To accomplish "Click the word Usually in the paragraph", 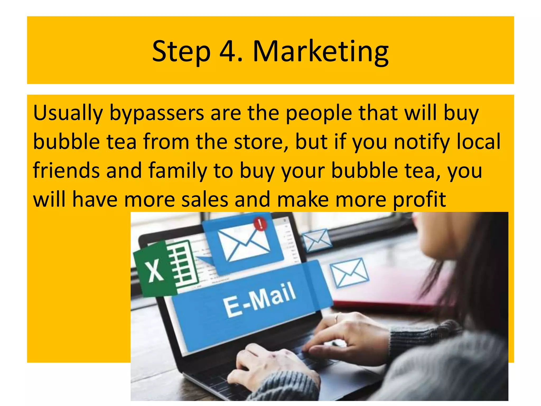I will click(68, 113).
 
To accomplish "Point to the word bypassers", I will click(156, 113).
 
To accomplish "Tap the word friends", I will click(66, 170).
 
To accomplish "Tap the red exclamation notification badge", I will click(260, 224).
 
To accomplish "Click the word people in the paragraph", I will click(319, 113).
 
